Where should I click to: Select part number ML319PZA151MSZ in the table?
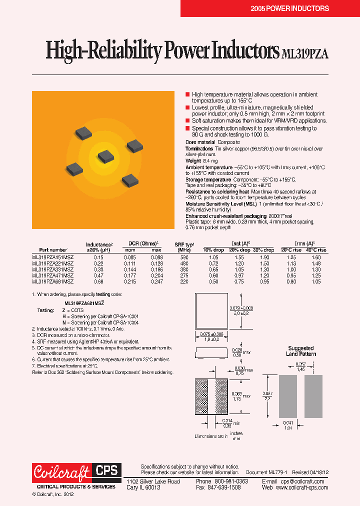click(52, 256)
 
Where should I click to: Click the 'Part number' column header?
click(53, 249)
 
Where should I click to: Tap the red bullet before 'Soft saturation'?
click(187, 121)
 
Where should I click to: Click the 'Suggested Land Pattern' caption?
click(301, 351)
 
